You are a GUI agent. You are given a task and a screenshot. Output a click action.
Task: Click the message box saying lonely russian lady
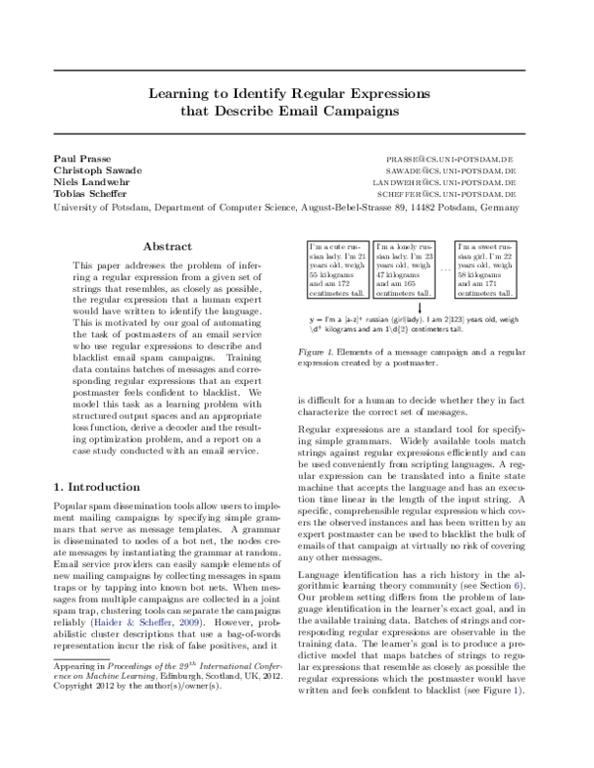pyautogui.click(x=405, y=270)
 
